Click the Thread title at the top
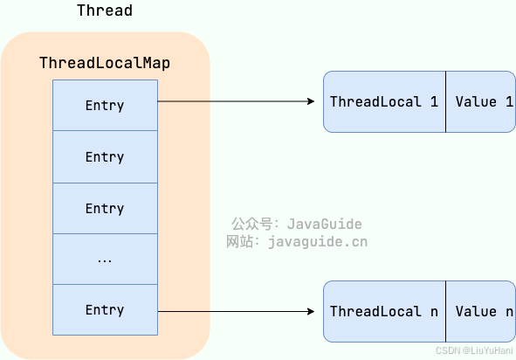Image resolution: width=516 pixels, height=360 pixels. (x=105, y=10)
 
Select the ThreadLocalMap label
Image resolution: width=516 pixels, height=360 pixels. (x=105, y=64)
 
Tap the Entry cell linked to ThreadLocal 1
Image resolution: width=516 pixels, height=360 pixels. (x=105, y=106)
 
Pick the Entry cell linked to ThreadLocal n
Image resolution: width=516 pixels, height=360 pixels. (x=105, y=310)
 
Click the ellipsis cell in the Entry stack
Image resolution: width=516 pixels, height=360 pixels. (x=105, y=260)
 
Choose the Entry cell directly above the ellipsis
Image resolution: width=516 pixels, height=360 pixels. (x=105, y=209)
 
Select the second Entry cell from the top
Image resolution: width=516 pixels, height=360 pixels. (x=105, y=157)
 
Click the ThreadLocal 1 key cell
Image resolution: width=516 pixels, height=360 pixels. (x=384, y=102)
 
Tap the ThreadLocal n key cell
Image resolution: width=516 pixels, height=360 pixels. (x=384, y=312)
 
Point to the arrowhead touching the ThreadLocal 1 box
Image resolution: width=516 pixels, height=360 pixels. (x=311, y=102)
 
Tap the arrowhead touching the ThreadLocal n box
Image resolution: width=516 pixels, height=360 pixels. (x=311, y=311)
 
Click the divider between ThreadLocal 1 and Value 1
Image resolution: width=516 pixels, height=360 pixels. (x=445, y=102)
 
